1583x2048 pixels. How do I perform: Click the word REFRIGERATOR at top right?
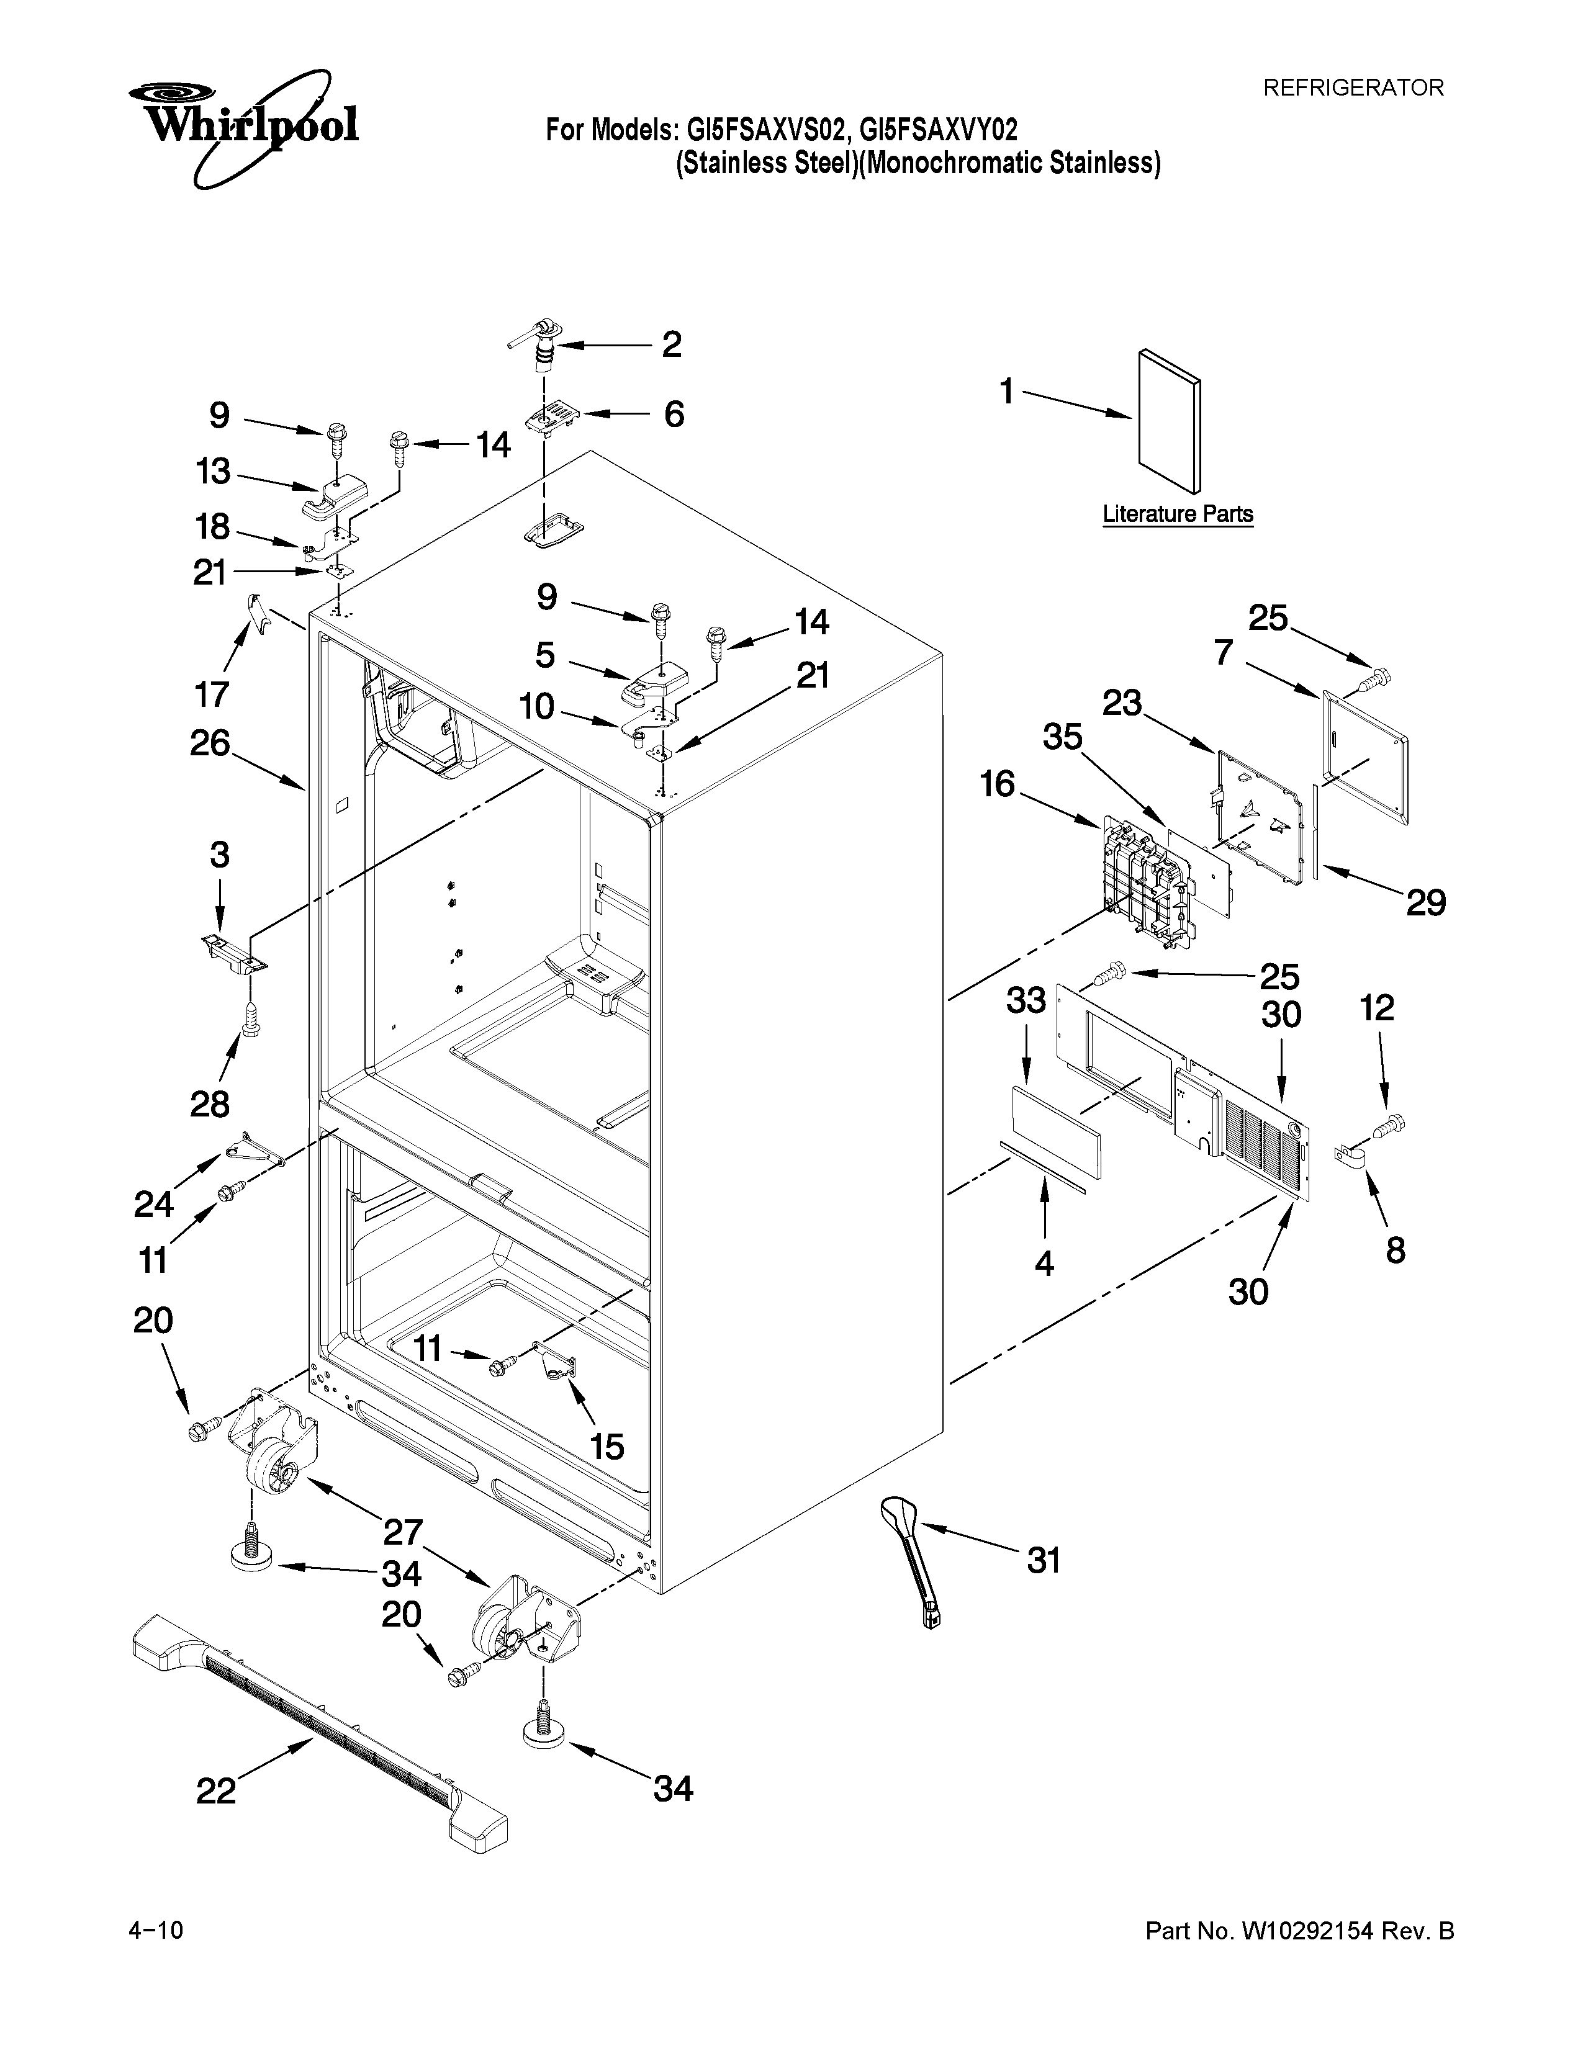click(x=1352, y=88)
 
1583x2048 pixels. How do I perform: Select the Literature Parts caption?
click(x=1177, y=514)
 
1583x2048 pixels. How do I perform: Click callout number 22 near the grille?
click(x=215, y=1792)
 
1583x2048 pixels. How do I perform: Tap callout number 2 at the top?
click(x=672, y=344)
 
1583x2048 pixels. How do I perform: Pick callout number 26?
click(x=210, y=743)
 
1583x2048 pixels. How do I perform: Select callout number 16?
click(x=998, y=783)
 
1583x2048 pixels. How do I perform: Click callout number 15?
click(x=607, y=1447)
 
